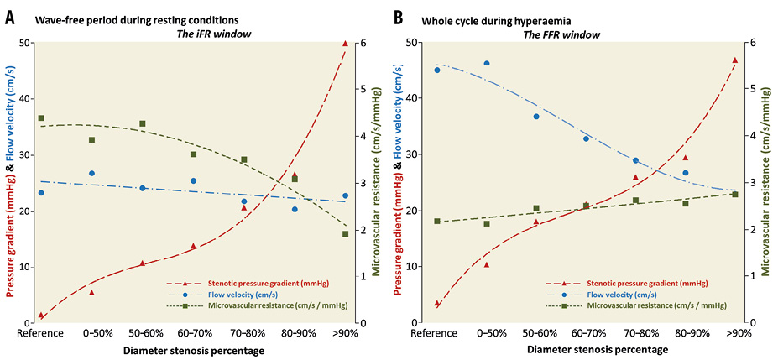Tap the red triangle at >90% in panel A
point(345,44)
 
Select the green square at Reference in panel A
point(41,118)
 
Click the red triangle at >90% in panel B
point(735,60)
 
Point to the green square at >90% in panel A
point(345,234)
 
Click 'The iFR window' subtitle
point(207,34)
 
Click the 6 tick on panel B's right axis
point(753,42)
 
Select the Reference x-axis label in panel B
point(436,333)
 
